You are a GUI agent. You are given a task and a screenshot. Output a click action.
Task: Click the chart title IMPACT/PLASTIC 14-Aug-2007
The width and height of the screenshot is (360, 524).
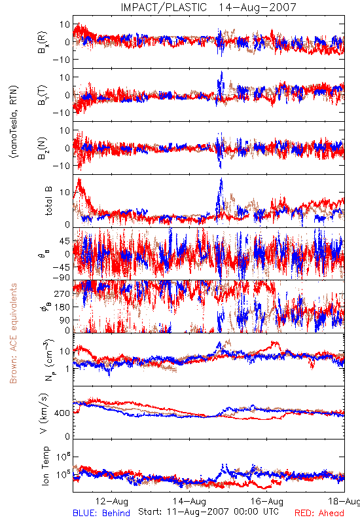208,7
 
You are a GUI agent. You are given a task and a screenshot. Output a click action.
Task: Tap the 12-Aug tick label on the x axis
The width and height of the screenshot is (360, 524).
111,501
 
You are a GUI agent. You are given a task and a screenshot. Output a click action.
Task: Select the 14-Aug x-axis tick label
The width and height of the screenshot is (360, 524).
189,501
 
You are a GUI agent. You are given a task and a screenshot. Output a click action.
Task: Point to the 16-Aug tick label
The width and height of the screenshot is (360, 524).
267,501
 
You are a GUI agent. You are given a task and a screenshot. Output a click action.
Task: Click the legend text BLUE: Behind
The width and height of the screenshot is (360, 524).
101,513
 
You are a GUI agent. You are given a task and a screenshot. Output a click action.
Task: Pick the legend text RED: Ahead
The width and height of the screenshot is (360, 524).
319,513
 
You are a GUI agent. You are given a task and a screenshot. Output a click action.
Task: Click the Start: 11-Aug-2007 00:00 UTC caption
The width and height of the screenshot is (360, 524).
208,512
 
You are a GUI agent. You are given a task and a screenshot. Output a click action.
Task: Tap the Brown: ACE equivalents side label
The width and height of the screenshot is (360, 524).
13,333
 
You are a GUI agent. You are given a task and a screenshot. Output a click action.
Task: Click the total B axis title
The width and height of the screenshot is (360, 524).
48,201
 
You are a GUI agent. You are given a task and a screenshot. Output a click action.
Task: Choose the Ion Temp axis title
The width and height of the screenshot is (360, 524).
45,466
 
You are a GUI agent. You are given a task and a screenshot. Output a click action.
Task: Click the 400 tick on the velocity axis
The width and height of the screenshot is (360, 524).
62,413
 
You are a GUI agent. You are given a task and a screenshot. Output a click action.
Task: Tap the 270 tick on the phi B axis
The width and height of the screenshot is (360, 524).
62,293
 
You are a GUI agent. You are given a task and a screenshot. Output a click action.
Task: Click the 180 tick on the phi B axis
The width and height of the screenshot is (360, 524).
62,307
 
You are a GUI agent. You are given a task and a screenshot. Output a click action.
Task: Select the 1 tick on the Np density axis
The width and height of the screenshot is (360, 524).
68,369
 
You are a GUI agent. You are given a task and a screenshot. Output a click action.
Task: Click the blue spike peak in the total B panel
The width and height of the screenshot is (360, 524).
221,179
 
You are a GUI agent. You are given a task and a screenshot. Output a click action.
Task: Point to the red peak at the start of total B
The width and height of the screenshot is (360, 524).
79,179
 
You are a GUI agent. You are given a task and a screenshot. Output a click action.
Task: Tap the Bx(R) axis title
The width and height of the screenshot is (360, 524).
43,42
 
